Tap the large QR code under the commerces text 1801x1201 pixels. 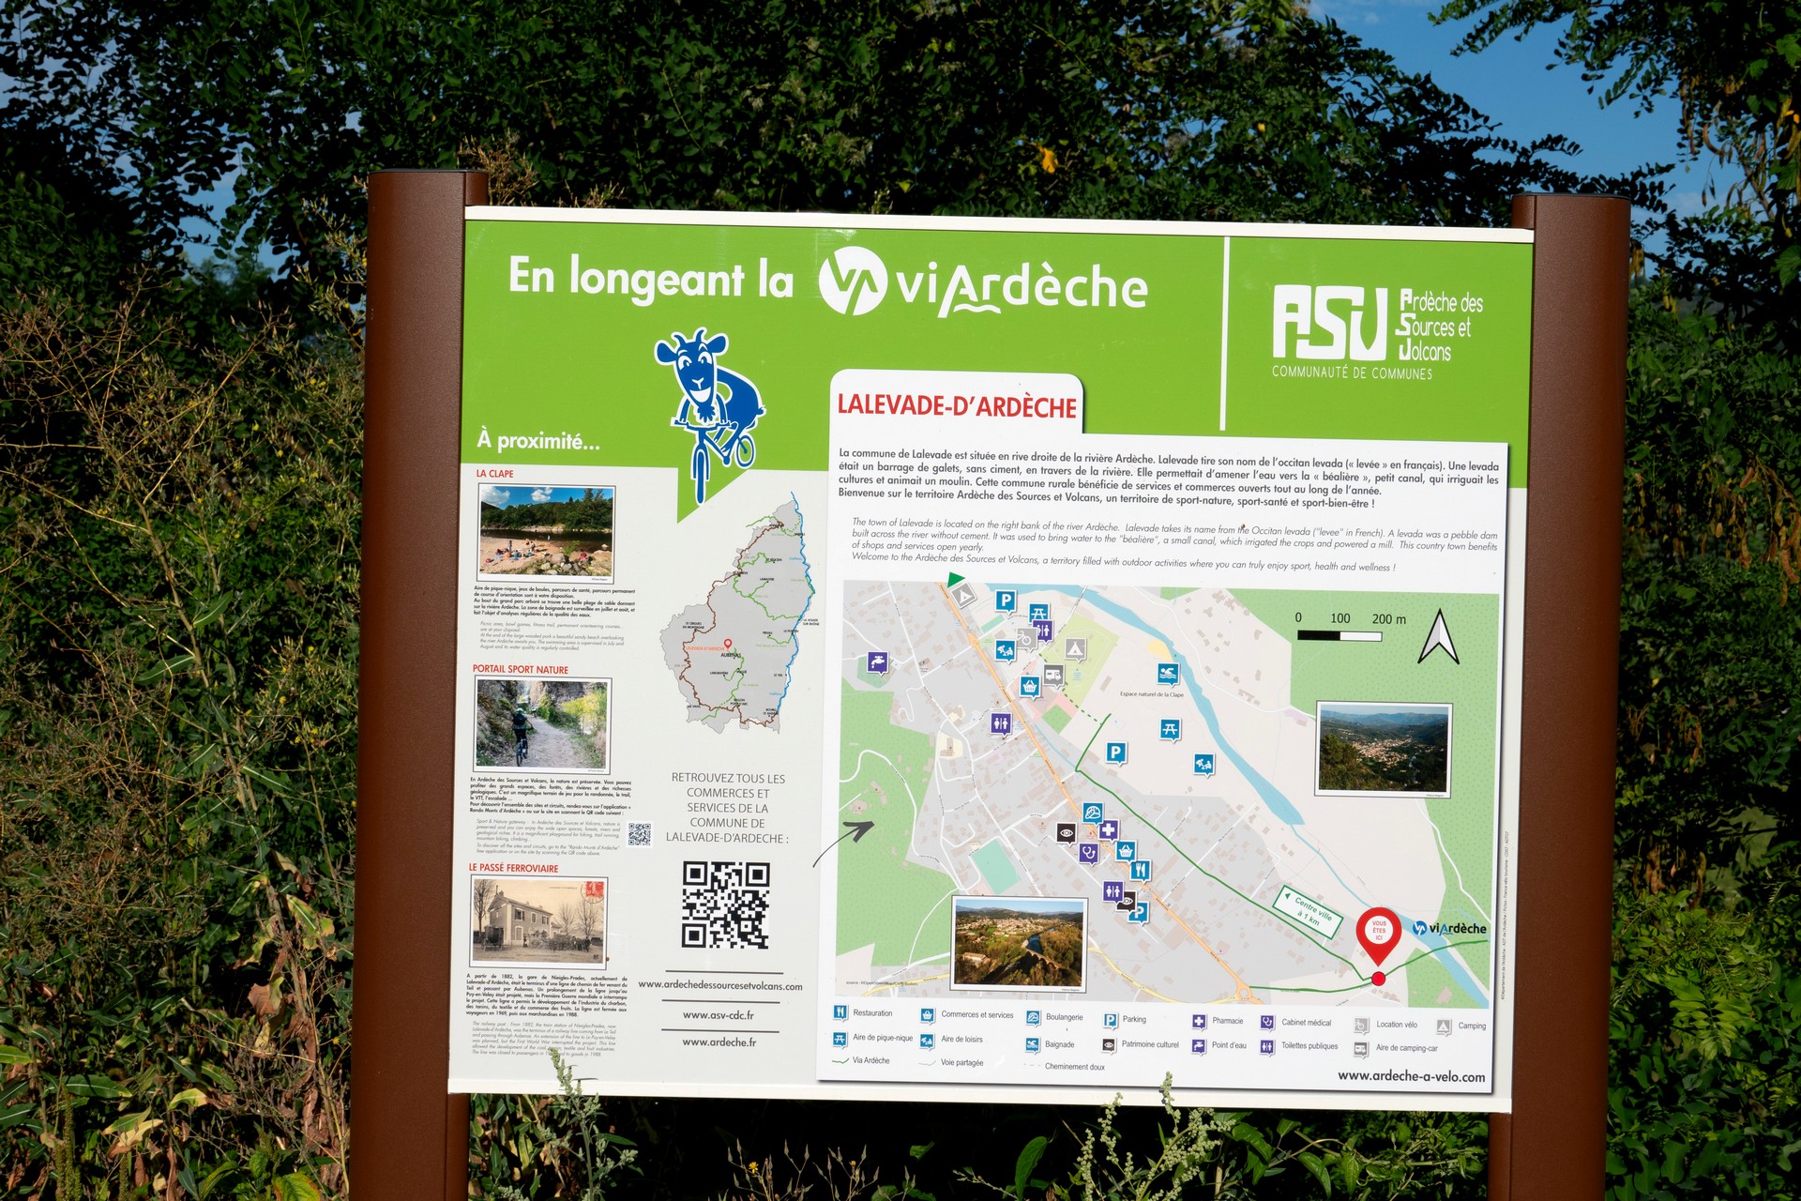[726, 905]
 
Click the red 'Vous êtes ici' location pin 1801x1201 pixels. [1378, 934]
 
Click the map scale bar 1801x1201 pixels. [1339, 635]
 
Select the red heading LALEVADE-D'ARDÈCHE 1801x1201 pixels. [957, 406]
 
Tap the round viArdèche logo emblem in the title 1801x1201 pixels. [852, 281]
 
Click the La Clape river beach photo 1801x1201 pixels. [547, 531]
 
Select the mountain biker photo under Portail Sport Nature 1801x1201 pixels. [542, 723]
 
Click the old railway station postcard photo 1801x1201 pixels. [538, 921]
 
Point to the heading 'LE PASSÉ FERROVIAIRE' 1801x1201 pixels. [513, 868]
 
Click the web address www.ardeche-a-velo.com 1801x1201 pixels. [1411, 1076]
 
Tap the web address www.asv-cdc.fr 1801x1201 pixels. [718, 1015]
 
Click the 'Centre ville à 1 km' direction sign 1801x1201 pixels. [1309, 908]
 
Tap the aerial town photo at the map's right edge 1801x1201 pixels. [1384, 749]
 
